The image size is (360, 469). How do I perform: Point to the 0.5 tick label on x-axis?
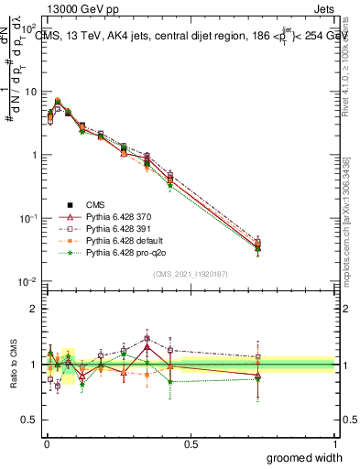(190, 442)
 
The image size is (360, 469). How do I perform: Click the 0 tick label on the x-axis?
(46, 442)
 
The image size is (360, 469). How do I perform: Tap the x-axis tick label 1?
(334, 442)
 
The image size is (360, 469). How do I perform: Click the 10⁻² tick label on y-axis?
(27, 281)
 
